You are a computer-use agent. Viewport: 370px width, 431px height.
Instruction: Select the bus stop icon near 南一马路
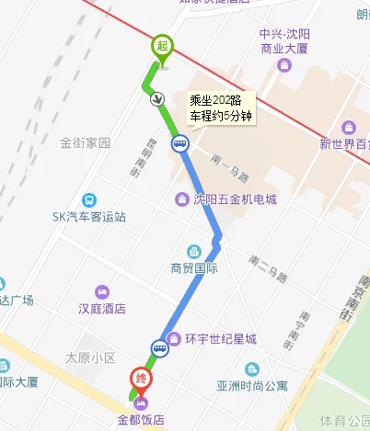tap(179, 142)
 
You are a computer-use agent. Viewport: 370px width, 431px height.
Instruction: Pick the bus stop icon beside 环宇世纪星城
tap(160, 347)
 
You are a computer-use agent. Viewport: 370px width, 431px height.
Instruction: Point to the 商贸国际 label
tap(193, 268)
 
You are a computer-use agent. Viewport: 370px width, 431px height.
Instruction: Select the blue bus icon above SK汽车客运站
tap(88, 199)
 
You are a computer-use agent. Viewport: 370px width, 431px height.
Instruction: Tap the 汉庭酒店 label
tap(101, 309)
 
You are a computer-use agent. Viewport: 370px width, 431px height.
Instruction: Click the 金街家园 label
tap(85, 143)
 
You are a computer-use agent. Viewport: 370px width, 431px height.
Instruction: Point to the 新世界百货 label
tap(344, 143)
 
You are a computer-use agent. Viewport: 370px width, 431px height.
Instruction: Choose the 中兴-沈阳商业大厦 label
tap(284, 41)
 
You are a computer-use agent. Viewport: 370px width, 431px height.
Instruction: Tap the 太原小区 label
tap(90, 357)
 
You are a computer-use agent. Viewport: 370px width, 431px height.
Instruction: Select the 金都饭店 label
tap(140, 421)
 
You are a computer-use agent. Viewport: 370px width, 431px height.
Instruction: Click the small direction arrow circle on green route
tap(158, 98)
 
